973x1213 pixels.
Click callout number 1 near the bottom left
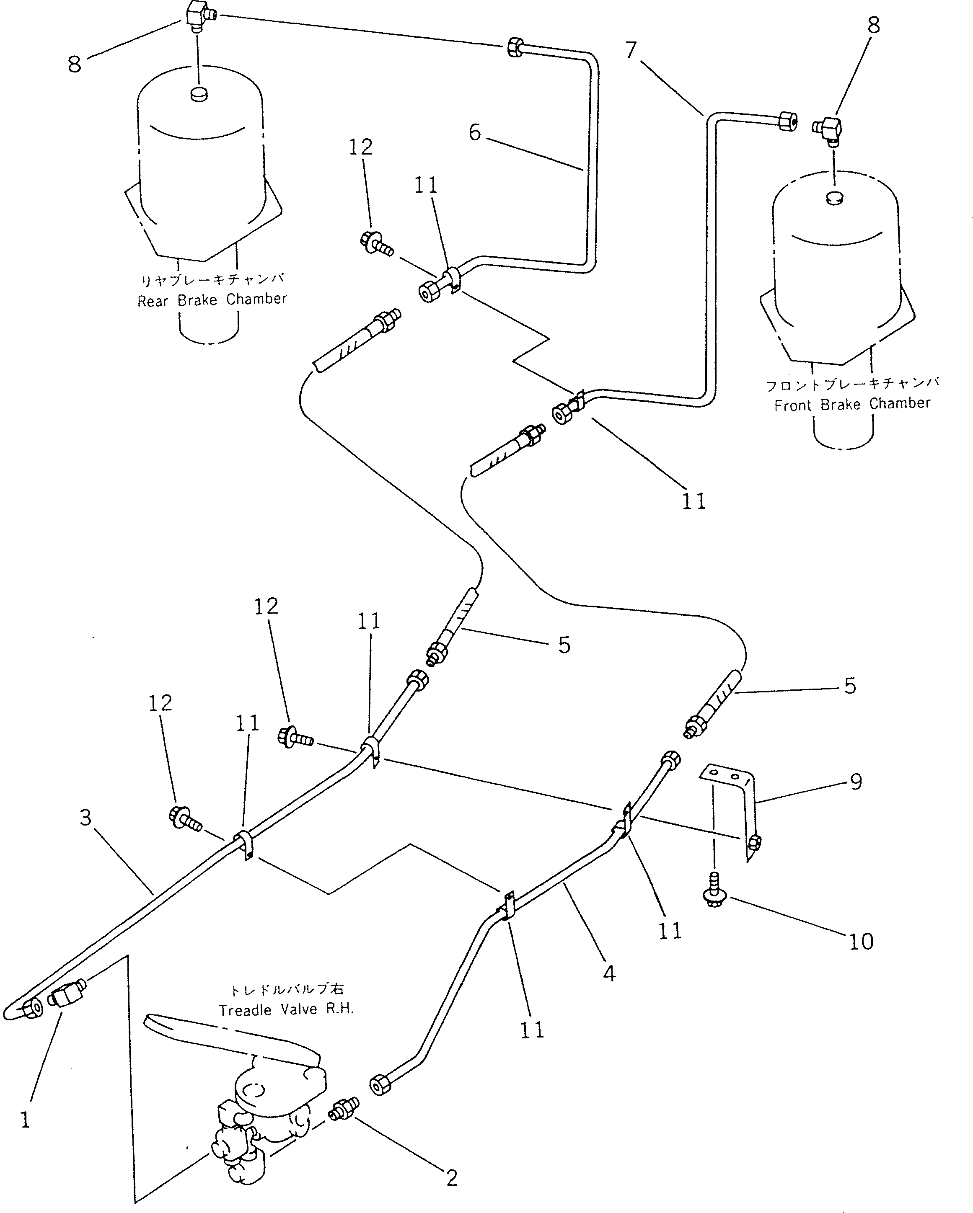24,1120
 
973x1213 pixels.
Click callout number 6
474,133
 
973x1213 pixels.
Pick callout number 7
630,51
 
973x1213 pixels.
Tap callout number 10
860,941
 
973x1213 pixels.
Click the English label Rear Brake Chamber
212,299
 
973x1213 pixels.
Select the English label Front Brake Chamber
852,404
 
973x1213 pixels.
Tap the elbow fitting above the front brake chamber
828,127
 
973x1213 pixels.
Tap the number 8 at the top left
74,64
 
